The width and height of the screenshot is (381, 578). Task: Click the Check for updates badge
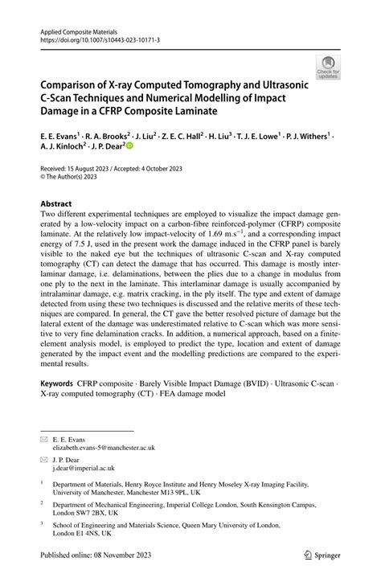[328, 68]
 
